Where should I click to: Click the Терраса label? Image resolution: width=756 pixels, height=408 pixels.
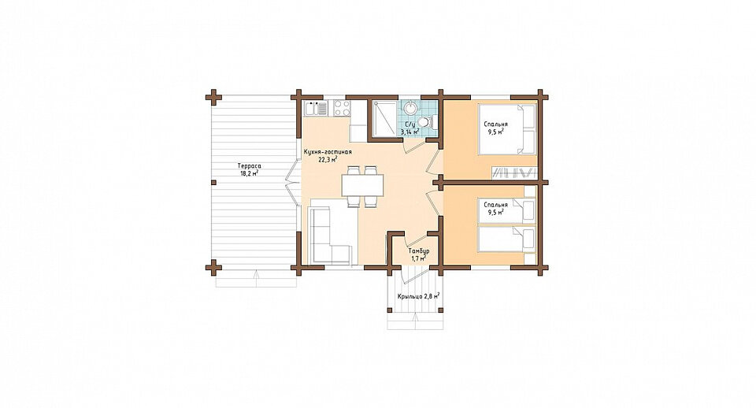click(250, 166)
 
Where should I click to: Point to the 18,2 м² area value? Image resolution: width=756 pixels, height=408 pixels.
click(250, 173)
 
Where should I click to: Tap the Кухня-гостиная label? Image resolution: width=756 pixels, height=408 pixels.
click(328, 152)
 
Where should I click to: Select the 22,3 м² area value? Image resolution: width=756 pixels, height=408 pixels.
click(328, 159)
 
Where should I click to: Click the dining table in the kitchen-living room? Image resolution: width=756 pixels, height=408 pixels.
click(362, 186)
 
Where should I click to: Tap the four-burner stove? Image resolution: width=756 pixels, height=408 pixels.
click(342, 109)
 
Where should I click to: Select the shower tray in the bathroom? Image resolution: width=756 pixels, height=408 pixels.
click(384, 119)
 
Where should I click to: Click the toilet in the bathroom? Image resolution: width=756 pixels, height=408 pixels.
click(426, 122)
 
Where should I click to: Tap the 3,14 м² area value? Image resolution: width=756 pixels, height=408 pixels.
click(410, 131)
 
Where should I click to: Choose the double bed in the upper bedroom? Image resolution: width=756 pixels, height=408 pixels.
click(507, 128)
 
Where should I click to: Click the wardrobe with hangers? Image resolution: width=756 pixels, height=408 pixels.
click(514, 172)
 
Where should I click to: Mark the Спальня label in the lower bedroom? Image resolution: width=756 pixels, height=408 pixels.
click(495, 205)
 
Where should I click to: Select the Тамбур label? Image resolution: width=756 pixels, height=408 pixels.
click(418, 252)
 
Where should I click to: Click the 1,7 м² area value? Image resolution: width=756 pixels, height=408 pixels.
click(418, 259)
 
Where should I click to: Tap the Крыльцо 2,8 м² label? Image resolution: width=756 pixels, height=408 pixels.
click(418, 297)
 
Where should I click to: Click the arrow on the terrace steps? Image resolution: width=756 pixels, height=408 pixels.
click(256, 279)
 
